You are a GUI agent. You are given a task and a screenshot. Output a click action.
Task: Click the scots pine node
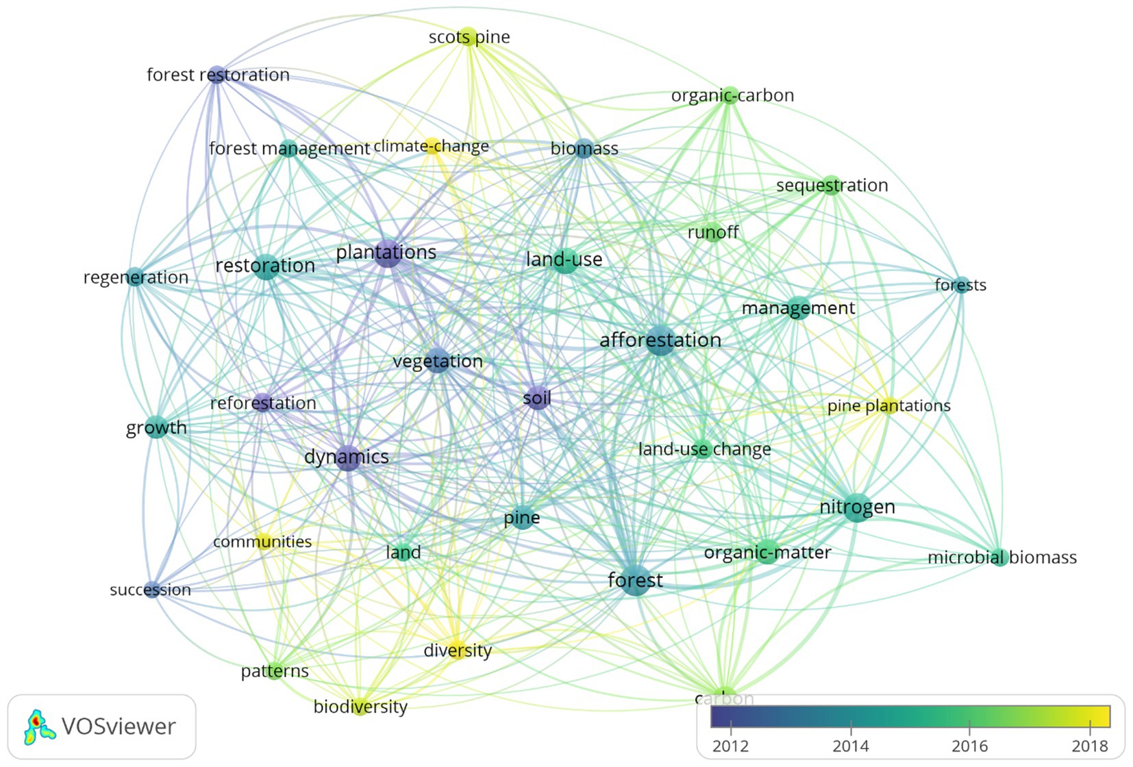pyautogui.click(x=468, y=36)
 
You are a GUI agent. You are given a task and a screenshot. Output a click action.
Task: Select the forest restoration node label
pyautogui.click(x=218, y=75)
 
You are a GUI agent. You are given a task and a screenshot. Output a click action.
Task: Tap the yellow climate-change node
pyautogui.click(x=432, y=145)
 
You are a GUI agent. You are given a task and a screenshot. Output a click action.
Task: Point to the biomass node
pyautogui.click(x=583, y=148)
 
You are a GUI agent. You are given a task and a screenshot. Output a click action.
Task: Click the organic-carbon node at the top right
pyautogui.click(x=730, y=95)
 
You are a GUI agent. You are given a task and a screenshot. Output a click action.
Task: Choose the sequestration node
pyautogui.click(x=831, y=185)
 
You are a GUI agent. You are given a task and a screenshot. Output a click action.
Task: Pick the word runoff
pyautogui.click(x=712, y=232)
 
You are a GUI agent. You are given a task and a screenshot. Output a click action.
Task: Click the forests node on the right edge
pyautogui.click(x=961, y=284)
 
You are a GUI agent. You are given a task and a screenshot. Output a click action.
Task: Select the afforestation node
pyautogui.click(x=660, y=340)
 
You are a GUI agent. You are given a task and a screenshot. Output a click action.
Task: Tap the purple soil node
pyautogui.click(x=538, y=398)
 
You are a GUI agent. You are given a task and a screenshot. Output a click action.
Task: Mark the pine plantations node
pyautogui.click(x=888, y=405)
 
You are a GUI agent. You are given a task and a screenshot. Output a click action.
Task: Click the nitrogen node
pyautogui.click(x=857, y=507)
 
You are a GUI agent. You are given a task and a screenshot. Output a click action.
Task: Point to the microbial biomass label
pyautogui.click(x=1001, y=557)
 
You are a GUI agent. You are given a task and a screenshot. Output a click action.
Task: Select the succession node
pyautogui.click(x=152, y=589)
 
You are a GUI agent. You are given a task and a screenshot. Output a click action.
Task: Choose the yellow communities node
pyautogui.click(x=264, y=542)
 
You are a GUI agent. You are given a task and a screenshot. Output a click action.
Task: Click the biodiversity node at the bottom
pyautogui.click(x=360, y=707)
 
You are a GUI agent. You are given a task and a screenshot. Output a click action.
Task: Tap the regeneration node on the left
pyautogui.click(x=135, y=277)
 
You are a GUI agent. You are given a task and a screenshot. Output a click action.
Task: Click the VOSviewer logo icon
pyautogui.click(x=39, y=727)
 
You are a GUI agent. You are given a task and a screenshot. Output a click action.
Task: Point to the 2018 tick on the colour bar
pyautogui.click(x=1089, y=726)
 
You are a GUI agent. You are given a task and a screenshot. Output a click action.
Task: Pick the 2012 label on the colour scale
pyautogui.click(x=730, y=746)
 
